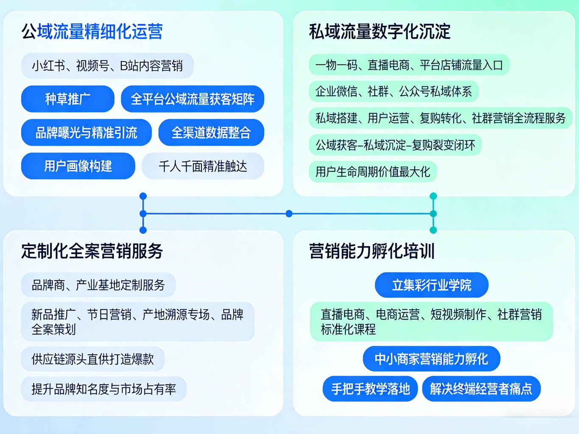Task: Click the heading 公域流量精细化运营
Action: point(92,31)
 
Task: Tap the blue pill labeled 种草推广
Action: point(68,99)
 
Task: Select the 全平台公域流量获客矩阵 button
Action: point(192,99)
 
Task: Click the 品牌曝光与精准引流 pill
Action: point(86,132)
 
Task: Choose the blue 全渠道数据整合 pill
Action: point(211,132)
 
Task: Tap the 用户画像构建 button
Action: point(78,166)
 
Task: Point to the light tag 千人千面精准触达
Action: point(203,166)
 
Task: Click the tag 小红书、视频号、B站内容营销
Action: point(107,66)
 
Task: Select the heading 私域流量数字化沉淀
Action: point(379,31)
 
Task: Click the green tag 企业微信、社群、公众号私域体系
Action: point(393,91)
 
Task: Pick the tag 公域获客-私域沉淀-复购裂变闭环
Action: point(395,145)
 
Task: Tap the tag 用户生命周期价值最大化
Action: point(373,172)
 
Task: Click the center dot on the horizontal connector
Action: point(289,213)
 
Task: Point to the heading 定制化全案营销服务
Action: point(92,251)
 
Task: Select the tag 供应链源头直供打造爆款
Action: point(93,359)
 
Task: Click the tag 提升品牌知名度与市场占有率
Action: point(104,389)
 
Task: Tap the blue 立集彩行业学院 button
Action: point(431,285)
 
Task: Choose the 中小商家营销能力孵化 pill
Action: point(431,359)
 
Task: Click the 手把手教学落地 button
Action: point(371,389)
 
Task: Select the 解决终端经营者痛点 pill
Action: point(481,389)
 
